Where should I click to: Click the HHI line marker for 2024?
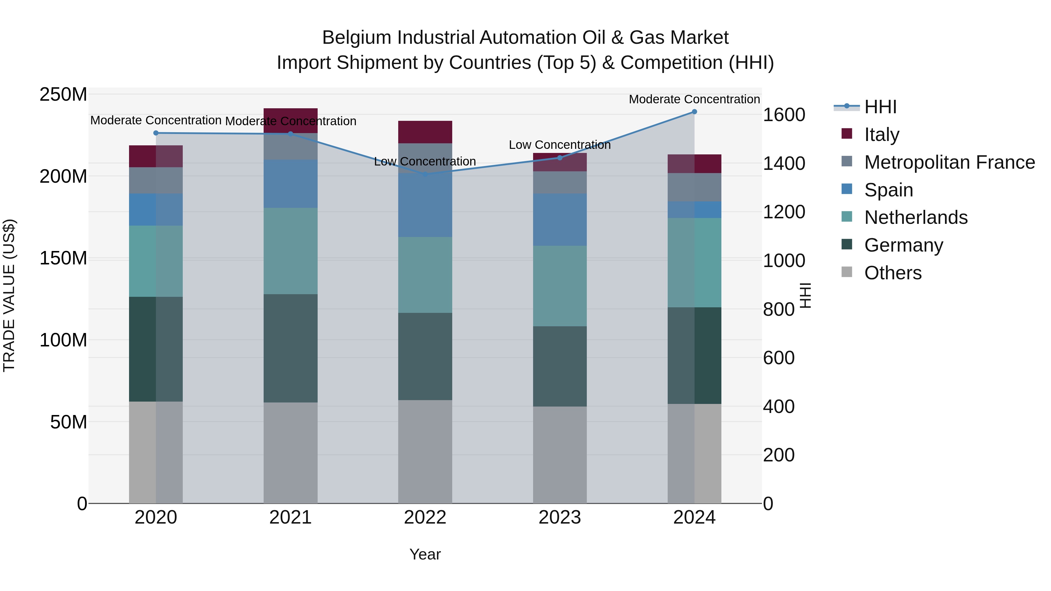click(695, 112)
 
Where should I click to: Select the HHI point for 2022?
click(425, 174)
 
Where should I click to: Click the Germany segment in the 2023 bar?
click(560, 366)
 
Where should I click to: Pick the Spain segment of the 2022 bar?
click(425, 205)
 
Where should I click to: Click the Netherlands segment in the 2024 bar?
click(695, 262)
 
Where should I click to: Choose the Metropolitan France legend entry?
click(949, 162)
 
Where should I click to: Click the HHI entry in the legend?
click(880, 107)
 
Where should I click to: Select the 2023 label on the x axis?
click(560, 517)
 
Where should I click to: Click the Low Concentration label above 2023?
click(560, 145)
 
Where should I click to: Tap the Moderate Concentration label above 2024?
click(695, 99)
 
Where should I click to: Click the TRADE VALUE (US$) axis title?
click(9, 295)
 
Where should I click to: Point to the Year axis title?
click(425, 554)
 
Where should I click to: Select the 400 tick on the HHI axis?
click(778, 407)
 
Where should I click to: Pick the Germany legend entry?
click(903, 245)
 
